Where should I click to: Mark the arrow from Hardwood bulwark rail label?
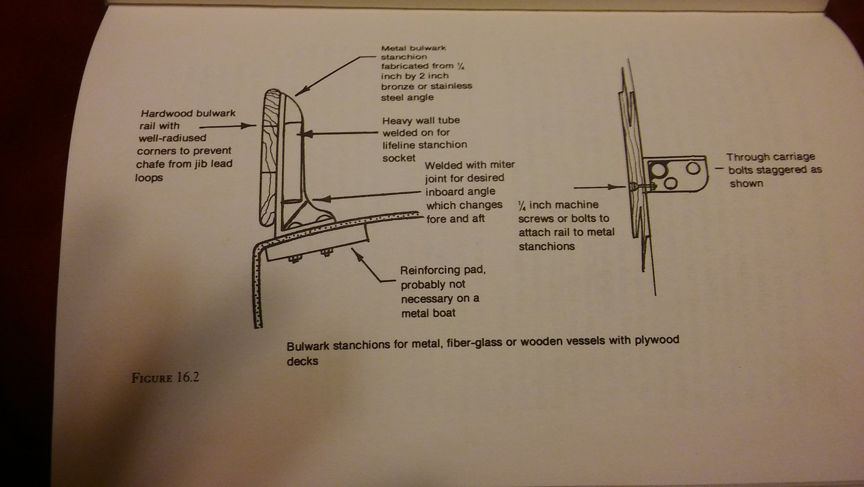pyautogui.click(x=229, y=125)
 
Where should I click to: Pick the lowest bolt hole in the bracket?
pyautogui.click(x=670, y=183)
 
